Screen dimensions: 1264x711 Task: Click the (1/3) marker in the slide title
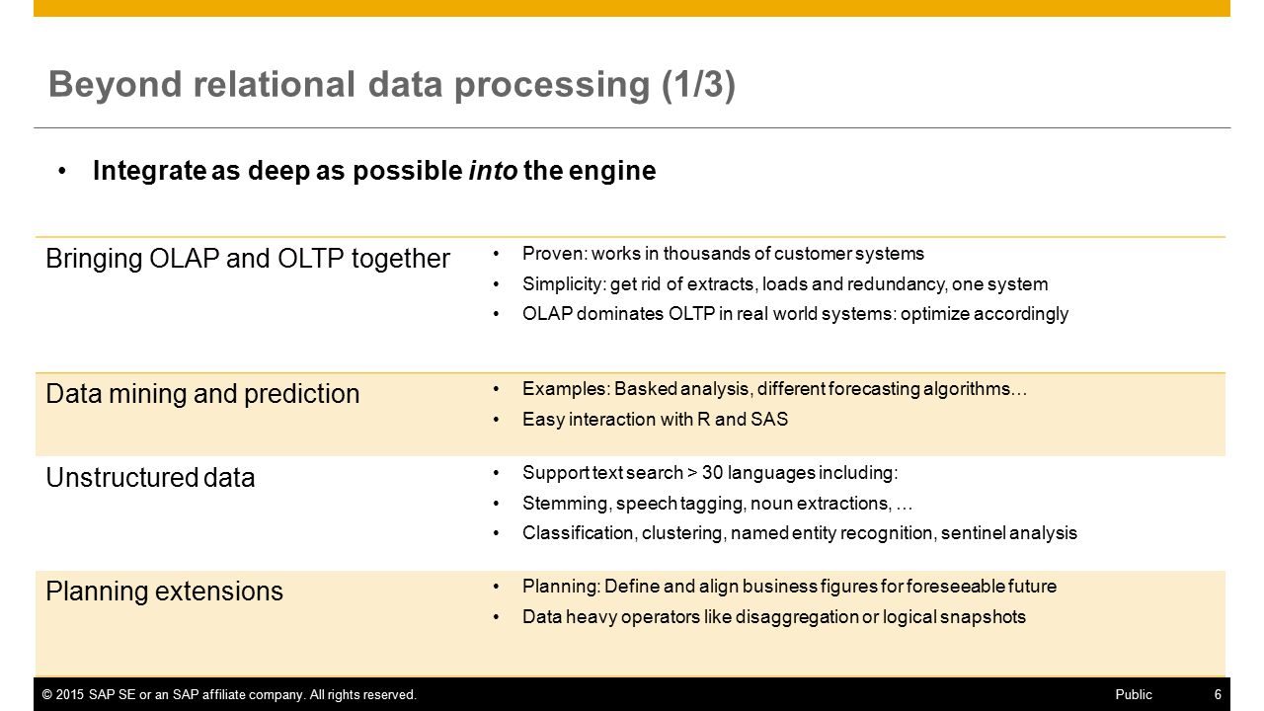pyautogui.click(x=698, y=85)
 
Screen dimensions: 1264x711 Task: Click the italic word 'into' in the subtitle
pyautogui.click(x=493, y=171)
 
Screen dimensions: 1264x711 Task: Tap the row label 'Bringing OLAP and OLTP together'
pyautogui.click(x=248, y=259)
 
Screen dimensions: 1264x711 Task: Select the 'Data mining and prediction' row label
pyautogui.click(x=202, y=394)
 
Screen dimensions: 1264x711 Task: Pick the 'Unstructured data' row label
pyautogui.click(x=150, y=478)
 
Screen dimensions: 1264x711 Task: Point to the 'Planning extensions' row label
pyautogui.click(x=164, y=592)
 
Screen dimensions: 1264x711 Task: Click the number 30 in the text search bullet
pyautogui.click(x=712, y=473)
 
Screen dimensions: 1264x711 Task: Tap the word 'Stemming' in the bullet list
pyautogui.click(x=564, y=504)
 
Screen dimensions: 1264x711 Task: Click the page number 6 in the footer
pyautogui.click(x=1218, y=694)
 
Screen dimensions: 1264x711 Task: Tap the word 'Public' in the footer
pyautogui.click(x=1134, y=694)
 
